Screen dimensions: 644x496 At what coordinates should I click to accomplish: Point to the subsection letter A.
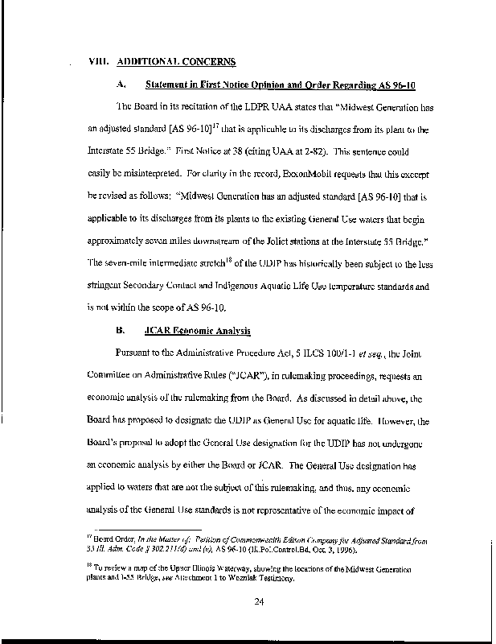[120, 84]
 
